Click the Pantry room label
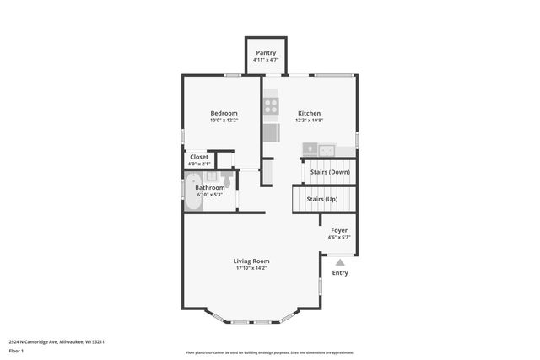[x=266, y=53]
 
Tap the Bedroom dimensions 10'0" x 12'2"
[x=224, y=121]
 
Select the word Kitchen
[x=309, y=113]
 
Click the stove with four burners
[x=271, y=106]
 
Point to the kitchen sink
[x=320, y=150]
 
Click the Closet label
[x=199, y=156]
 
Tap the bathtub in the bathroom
[x=193, y=187]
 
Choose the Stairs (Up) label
[x=321, y=199]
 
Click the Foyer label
[x=338, y=230]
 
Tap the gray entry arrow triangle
[x=340, y=262]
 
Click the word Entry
[x=340, y=272]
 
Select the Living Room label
[x=251, y=261]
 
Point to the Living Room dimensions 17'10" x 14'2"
[x=251, y=268]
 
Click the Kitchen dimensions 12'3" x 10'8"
[x=309, y=121]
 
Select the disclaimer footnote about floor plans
[x=269, y=352]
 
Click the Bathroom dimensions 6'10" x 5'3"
[x=209, y=195]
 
